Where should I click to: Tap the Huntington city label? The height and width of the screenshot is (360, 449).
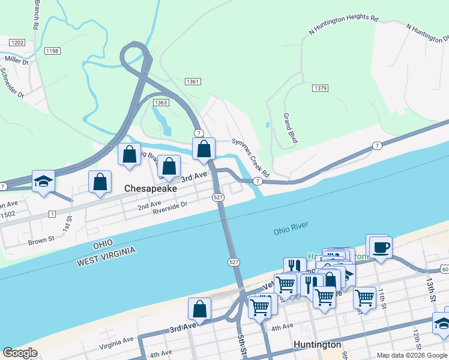coord(318,344)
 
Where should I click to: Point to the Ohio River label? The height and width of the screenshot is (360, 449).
coord(291,228)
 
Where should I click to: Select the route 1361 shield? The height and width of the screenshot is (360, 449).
coord(193,82)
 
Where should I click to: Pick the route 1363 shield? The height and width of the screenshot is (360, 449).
coord(160,103)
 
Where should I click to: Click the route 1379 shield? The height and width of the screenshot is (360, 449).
coord(320,88)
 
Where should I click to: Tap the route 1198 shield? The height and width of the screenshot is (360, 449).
coord(52,51)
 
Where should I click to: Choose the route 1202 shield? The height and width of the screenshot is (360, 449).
coord(17,43)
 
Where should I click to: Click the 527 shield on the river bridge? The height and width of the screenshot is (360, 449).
coord(234,262)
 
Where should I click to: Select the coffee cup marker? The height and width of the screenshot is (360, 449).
coord(381,247)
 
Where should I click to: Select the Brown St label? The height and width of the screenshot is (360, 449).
coord(41,241)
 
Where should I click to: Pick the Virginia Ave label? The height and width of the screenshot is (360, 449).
coord(117,341)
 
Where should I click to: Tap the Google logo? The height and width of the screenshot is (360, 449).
coord(20,353)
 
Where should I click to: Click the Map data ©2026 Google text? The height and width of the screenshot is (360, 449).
coord(411,355)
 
